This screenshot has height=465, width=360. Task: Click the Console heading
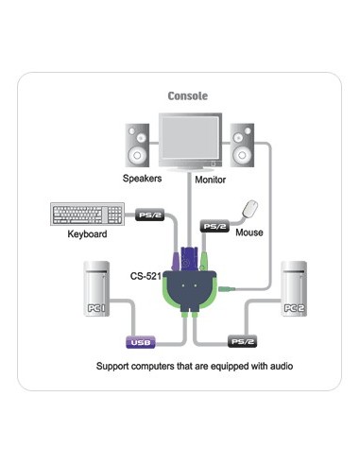tap(187, 95)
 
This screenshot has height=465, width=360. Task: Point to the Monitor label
tap(211, 179)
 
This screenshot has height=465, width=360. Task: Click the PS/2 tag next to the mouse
tap(214, 226)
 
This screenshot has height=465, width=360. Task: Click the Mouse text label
tap(249, 232)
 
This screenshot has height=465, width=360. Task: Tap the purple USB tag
tap(141, 343)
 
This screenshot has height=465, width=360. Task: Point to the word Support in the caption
tap(115, 365)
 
